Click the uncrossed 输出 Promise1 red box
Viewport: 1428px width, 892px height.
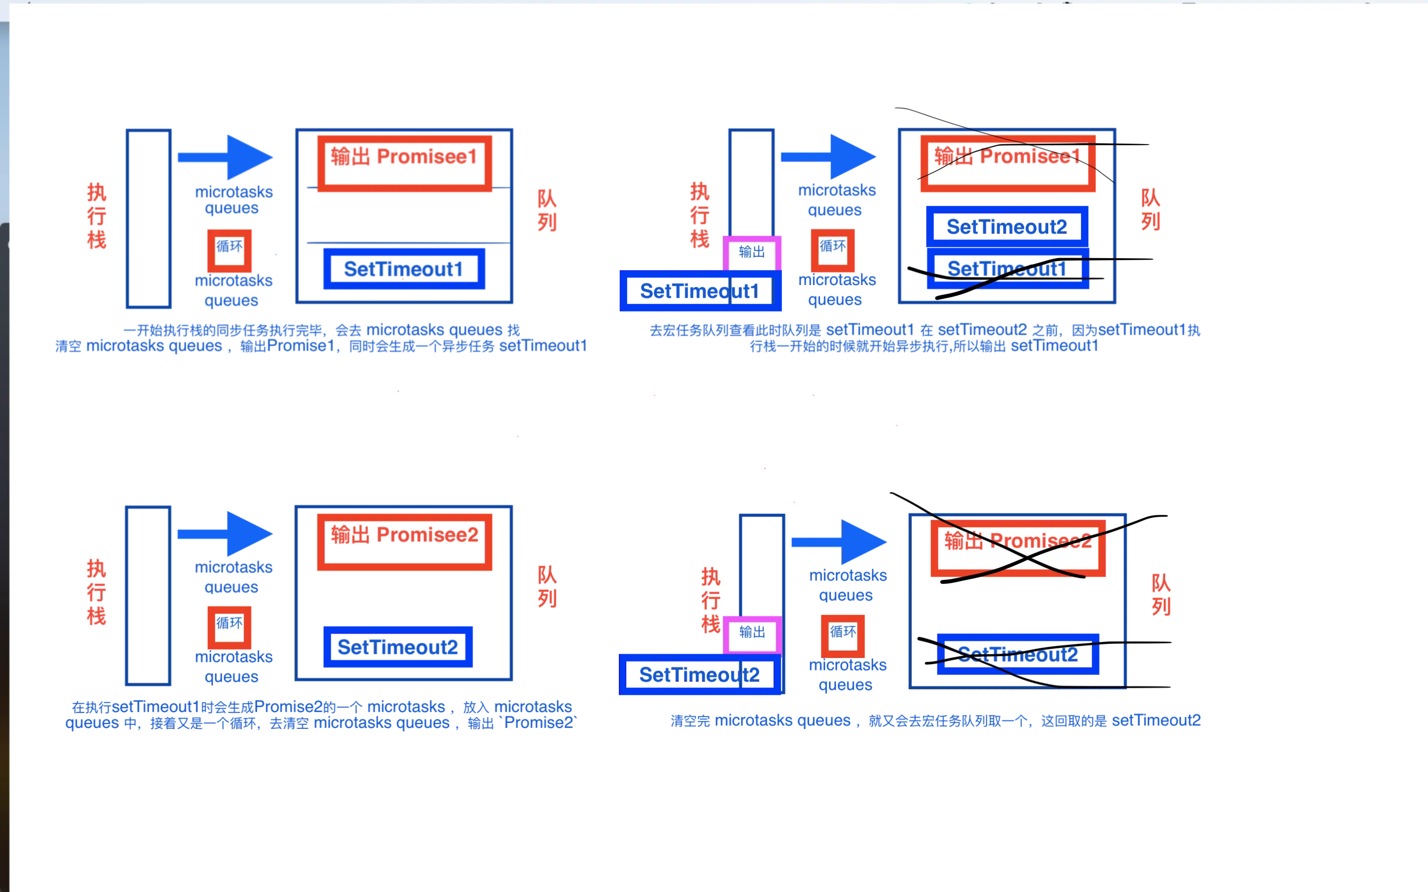pyautogui.click(x=405, y=164)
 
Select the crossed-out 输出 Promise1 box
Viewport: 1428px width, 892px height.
pyautogui.click(x=1007, y=164)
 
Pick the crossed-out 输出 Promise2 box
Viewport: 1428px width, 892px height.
pyautogui.click(x=1017, y=548)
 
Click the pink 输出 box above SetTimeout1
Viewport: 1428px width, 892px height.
pyautogui.click(x=752, y=253)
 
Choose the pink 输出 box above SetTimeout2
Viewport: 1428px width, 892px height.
pyautogui.click(x=752, y=633)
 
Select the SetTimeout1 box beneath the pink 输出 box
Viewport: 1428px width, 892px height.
pyautogui.click(x=700, y=291)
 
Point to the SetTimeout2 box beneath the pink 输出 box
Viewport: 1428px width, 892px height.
pyautogui.click(x=700, y=674)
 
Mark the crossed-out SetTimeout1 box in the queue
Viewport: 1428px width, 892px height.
pyautogui.click(x=1007, y=270)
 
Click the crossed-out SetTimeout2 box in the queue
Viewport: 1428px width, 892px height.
pyautogui.click(x=1018, y=654)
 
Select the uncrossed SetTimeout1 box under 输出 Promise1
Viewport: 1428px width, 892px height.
pyautogui.click(x=404, y=270)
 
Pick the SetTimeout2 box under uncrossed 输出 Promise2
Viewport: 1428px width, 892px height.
pyautogui.click(x=398, y=647)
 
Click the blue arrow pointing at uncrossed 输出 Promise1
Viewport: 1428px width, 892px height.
pyautogui.click(x=227, y=157)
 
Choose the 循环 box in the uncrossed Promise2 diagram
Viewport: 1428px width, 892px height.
pyautogui.click(x=230, y=625)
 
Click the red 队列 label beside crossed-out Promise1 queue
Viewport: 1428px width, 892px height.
pyautogui.click(x=1150, y=211)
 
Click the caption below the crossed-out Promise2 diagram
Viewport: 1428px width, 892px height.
pyautogui.click(x=935, y=721)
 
